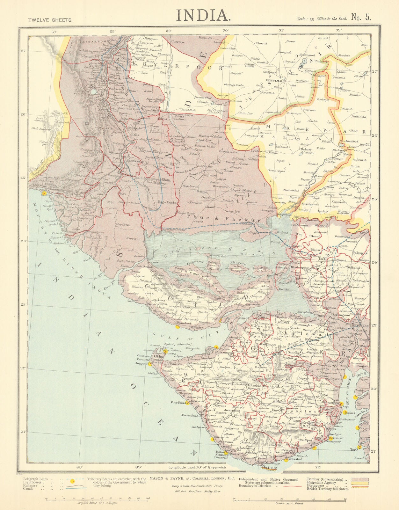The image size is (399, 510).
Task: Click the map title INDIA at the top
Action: point(203,15)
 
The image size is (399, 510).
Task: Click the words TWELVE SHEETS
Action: point(50,19)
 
